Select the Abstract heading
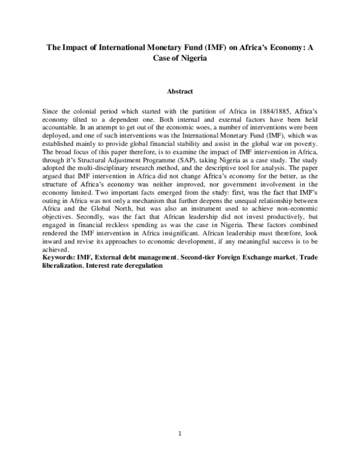[180, 91]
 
